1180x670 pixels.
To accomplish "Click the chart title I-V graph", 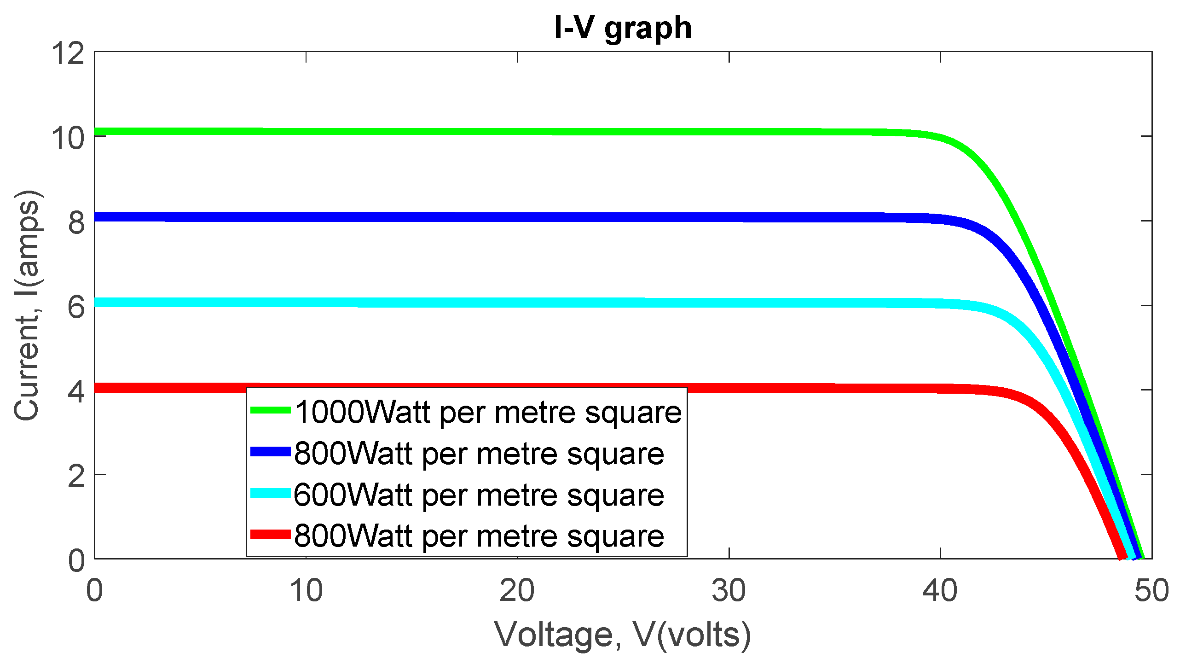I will click(x=623, y=29).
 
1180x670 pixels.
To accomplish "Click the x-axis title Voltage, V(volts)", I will click(x=623, y=635).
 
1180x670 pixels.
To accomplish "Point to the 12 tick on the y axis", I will click(x=68, y=53).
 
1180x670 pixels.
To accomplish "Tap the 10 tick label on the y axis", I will click(x=68, y=137).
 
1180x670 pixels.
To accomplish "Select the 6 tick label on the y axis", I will click(x=76, y=307).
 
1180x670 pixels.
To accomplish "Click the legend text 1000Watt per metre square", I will click(x=488, y=412).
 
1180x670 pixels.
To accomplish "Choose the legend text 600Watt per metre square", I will click(x=479, y=495).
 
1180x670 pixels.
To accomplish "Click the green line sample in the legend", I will click(x=270, y=410).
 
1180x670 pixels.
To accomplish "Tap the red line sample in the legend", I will click(x=270, y=534).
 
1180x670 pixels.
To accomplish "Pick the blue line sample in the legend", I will click(x=270, y=451).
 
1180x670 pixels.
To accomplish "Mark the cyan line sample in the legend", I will click(x=270, y=493).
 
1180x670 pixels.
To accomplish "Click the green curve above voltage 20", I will click(x=517, y=132).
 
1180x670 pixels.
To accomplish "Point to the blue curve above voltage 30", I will click(x=729, y=217).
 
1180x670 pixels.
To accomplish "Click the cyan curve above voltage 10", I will click(x=306, y=303).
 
